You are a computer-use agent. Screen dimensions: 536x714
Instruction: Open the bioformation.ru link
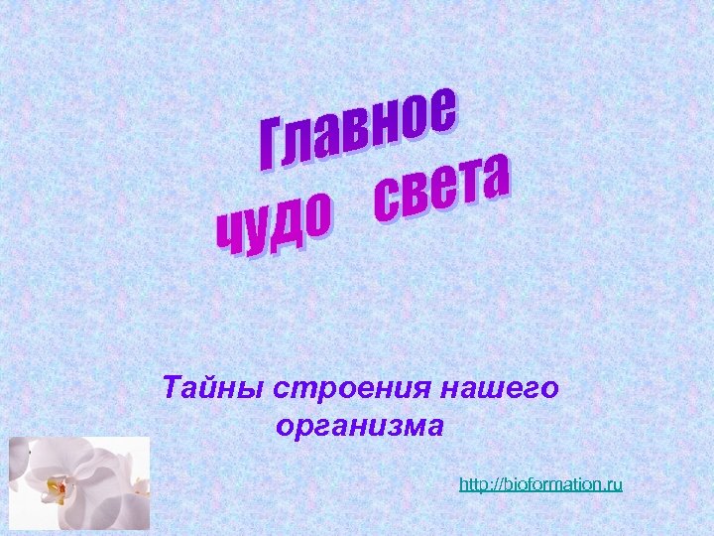(x=540, y=484)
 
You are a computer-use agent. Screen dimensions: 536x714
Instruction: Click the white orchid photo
(x=79, y=483)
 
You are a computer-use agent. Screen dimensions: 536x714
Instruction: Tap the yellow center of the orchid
(x=59, y=487)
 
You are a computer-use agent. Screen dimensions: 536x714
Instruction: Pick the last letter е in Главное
(x=444, y=108)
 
